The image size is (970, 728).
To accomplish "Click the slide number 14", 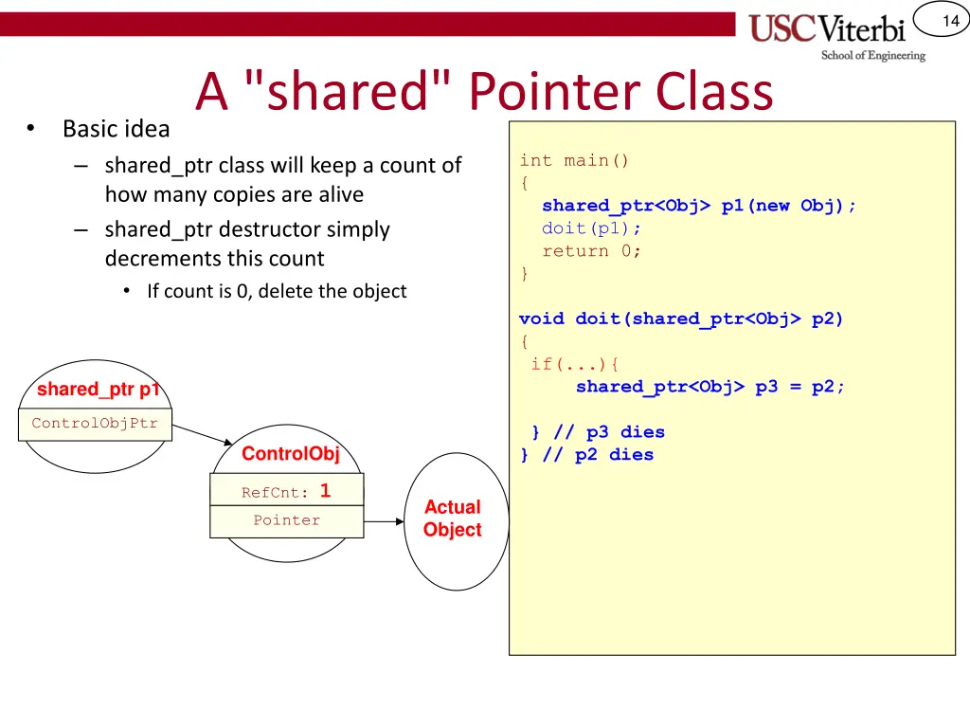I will (x=950, y=21).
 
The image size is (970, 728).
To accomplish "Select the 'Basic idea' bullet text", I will (x=116, y=128).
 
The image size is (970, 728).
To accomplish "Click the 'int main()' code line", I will (x=574, y=160).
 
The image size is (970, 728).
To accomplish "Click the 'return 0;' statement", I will (x=591, y=251).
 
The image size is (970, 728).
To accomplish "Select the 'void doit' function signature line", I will (x=680, y=318).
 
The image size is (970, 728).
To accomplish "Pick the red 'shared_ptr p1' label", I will (x=98, y=389).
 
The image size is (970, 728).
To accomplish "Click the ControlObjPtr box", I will (x=95, y=424).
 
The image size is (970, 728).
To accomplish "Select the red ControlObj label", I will (x=290, y=453).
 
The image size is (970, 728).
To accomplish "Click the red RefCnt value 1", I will (x=325, y=491).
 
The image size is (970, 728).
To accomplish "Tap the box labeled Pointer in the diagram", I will (x=286, y=520).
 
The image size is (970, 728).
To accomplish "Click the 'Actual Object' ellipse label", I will (x=452, y=519).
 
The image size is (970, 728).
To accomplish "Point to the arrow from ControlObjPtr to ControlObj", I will (x=203, y=434).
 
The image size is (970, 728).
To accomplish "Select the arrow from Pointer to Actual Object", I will (x=385, y=521).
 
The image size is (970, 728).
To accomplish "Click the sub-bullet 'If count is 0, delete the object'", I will (x=276, y=291).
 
